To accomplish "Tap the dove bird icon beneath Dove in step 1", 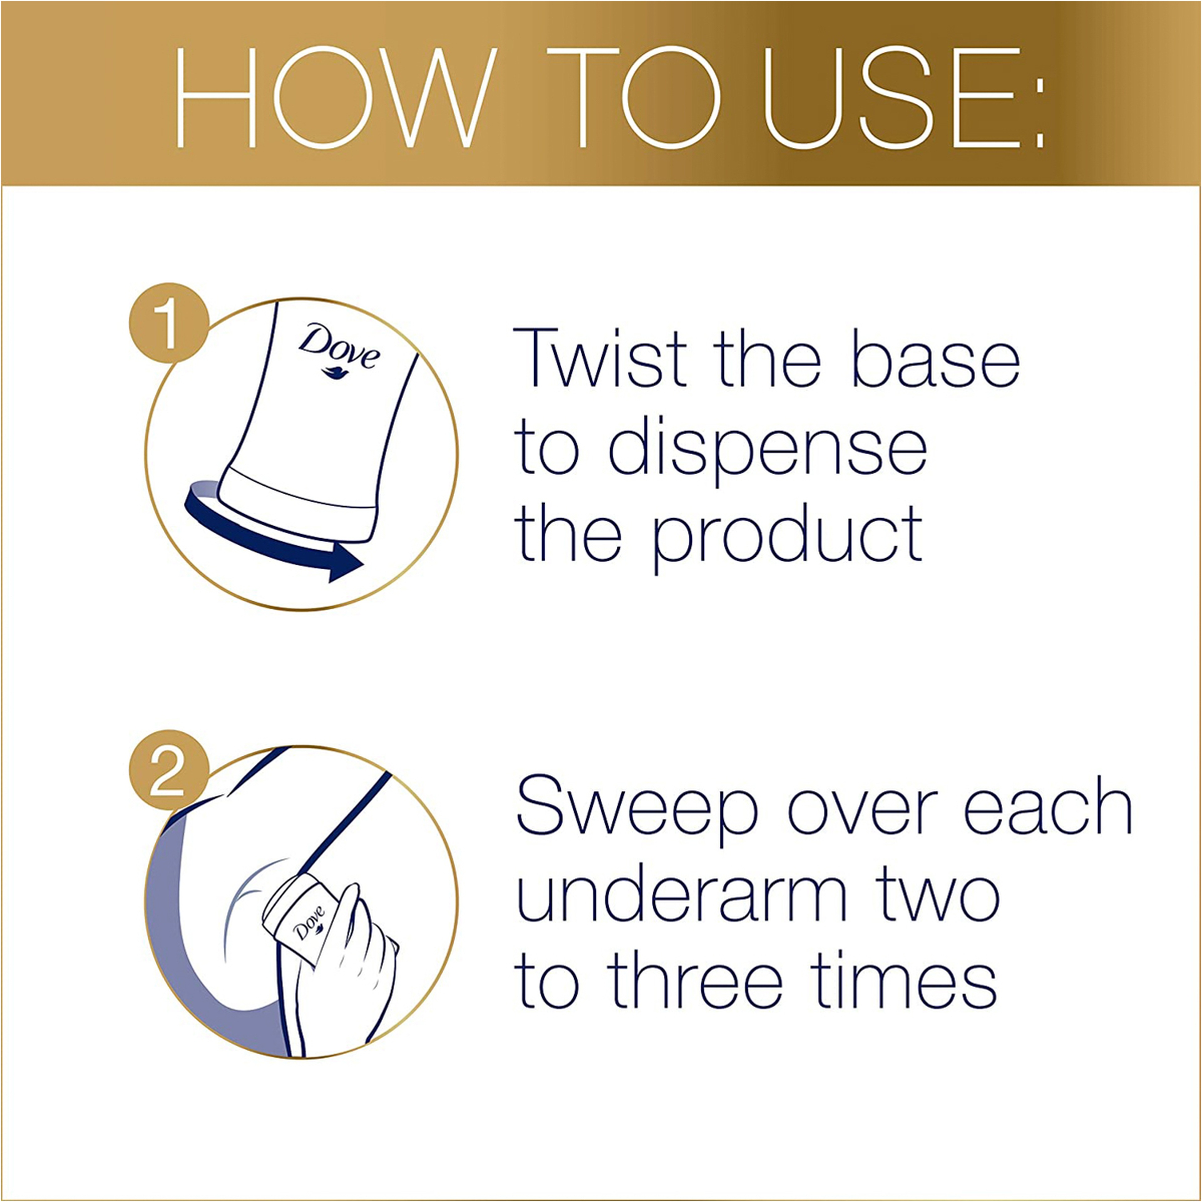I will click(338, 373).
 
